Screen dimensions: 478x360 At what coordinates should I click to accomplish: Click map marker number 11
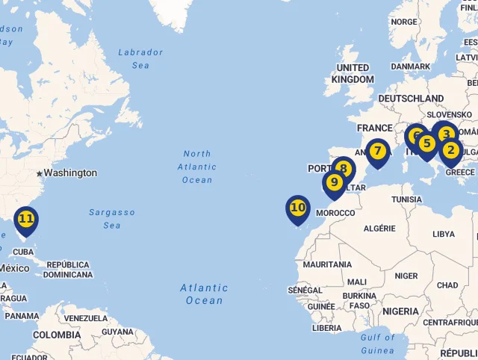point(26,220)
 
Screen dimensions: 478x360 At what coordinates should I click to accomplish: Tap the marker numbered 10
point(298,208)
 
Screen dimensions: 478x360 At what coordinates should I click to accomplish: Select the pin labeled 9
point(334,182)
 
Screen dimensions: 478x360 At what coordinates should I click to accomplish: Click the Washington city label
point(70,173)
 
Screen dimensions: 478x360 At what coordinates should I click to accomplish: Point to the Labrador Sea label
point(140,58)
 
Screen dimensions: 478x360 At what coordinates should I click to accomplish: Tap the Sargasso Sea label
point(112,218)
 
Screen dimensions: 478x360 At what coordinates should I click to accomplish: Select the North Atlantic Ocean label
point(197,167)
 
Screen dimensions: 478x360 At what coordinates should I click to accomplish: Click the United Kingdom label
point(353,73)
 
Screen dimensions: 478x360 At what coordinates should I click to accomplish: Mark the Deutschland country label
point(411,98)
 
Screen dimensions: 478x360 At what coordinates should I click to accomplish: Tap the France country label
point(374,128)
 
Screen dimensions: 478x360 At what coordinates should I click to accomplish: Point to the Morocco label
point(335,213)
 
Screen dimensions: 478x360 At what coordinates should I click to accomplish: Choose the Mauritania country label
point(327,264)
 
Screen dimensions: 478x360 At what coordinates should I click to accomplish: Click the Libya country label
point(443,234)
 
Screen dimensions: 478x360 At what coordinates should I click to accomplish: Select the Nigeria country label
point(400,311)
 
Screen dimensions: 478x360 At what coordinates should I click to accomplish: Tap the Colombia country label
point(57,335)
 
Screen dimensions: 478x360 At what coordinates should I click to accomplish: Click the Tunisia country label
point(406,199)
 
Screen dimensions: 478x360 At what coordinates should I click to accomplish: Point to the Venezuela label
point(87,318)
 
